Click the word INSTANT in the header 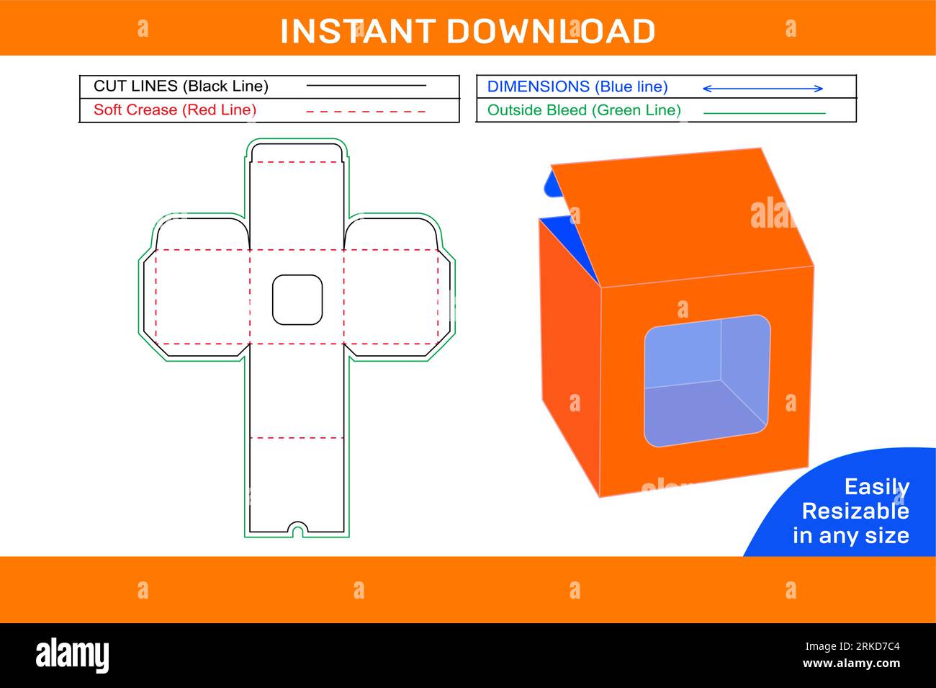click(x=357, y=32)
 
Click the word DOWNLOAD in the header click(x=551, y=32)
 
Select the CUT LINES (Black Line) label click(x=181, y=86)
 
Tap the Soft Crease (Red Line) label click(x=175, y=110)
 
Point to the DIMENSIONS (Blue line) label click(x=577, y=87)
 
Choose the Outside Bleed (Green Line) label click(x=584, y=110)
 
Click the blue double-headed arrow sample click(x=762, y=89)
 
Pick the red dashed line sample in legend click(x=366, y=112)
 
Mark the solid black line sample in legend click(x=366, y=86)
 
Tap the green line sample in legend click(x=764, y=113)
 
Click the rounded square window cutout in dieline click(x=297, y=300)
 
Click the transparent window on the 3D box click(x=706, y=380)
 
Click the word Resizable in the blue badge click(x=855, y=511)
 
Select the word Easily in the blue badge click(x=876, y=487)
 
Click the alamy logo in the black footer click(x=73, y=656)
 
